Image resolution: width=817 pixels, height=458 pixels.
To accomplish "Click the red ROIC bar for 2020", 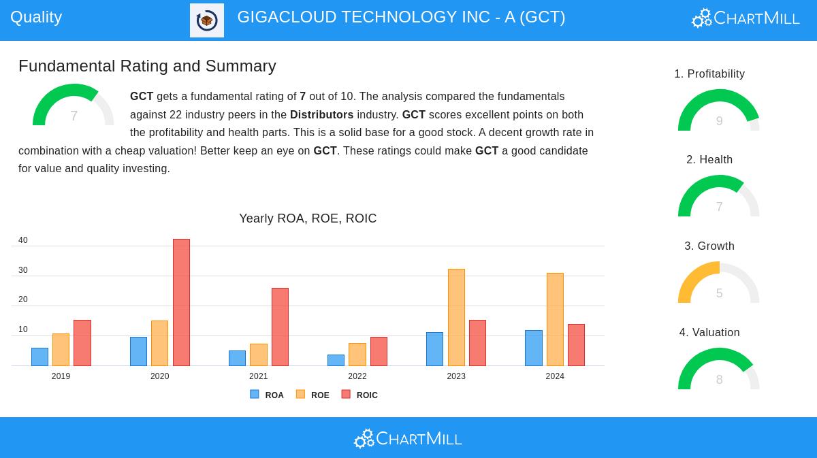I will [x=181, y=302].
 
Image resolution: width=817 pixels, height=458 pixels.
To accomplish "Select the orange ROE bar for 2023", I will [x=456, y=317].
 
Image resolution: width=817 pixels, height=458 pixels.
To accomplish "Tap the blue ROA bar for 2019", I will [x=39, y=357].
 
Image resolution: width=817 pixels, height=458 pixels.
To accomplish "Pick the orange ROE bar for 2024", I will [x=555, y=319].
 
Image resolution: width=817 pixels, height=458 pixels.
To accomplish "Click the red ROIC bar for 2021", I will [x=280, y=327].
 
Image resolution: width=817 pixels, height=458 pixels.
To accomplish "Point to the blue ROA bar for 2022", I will [x=336, y=360].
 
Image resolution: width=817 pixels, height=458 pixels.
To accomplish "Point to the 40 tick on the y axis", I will [x=23, y=240].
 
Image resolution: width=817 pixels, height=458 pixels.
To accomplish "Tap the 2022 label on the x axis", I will [x=357, y=376].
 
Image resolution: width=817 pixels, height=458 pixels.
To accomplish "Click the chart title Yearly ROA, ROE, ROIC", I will [x=308, y=218].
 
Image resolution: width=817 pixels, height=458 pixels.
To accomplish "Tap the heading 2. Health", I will [x=709, y=160].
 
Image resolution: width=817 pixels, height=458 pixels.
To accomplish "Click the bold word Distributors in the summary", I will [x=321, y=115].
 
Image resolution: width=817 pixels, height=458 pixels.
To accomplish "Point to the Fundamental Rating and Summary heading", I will [x=147, y=66].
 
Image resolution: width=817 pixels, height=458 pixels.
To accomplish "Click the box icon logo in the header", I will [x=207, y=20].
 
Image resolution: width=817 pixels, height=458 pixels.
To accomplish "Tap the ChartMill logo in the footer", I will [x=408, y=439].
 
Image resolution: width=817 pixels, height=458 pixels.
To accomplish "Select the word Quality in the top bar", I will [x=36, y=17].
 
